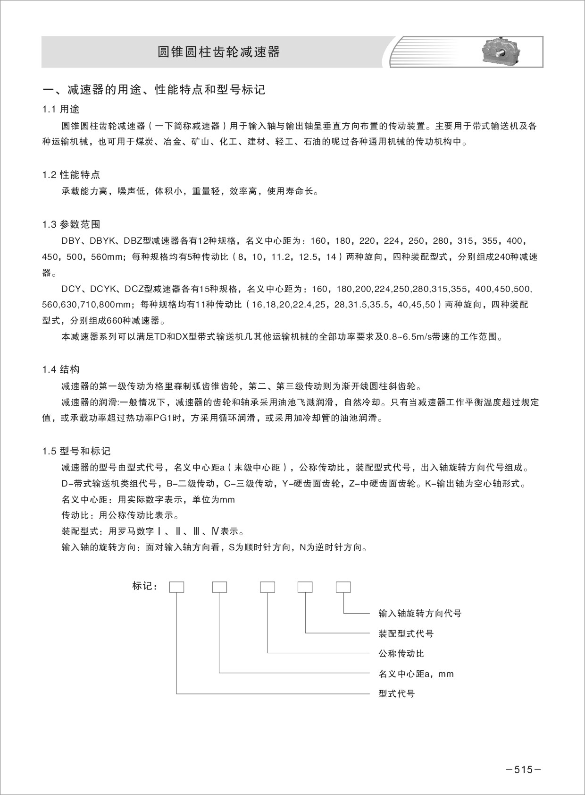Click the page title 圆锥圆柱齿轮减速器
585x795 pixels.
[218, 52]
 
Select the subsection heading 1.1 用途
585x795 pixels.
[61, 110]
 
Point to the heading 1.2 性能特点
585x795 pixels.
[71, 175]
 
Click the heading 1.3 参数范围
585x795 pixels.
[71, 224]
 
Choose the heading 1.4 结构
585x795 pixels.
[61, 369]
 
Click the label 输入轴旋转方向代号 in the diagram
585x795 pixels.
[420, 614]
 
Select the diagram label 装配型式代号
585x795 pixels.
[406, 634]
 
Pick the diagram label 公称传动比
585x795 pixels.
[401, 654]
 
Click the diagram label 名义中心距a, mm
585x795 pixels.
[416, 674]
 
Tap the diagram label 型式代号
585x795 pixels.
[396, 694]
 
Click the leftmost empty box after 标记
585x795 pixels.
[176, 587]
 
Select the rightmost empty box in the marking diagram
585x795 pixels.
[343, 587]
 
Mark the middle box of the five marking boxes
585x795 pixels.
[267, 587]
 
